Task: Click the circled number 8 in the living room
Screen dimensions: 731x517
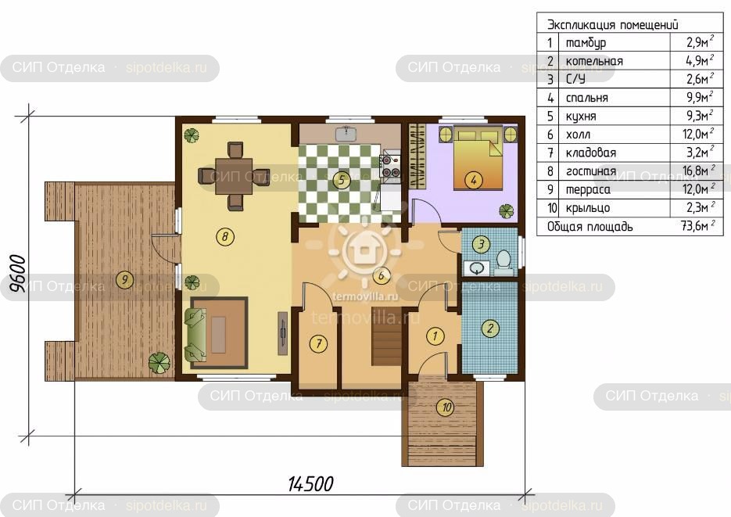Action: coord(224,236)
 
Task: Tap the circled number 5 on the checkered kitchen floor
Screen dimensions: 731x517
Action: coord(342,179)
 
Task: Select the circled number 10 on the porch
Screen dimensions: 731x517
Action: coord(446,407)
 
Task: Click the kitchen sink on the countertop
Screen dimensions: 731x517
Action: coord(346,133)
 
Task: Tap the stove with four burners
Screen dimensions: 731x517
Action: coord(390,166)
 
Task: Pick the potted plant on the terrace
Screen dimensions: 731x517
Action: coord(159,362)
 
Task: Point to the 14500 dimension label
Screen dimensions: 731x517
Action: coord(310,484)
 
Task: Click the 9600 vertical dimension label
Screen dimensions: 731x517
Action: coord(18,273)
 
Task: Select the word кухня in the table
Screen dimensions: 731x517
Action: coord(581,116)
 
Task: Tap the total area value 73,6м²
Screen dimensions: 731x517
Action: coord(697,226)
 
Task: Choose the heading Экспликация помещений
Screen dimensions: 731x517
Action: coord(613,24)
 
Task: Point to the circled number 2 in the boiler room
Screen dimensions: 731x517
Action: coord(490,328)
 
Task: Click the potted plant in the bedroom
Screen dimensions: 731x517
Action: coord(507,211)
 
